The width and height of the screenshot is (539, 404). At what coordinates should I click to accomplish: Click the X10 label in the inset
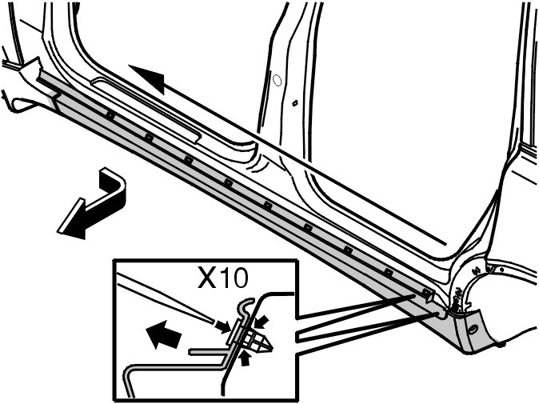222,278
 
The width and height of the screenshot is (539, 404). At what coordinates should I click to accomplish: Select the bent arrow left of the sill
92,203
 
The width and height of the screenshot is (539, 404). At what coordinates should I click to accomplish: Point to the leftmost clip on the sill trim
110,115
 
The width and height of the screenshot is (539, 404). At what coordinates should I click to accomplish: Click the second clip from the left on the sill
149,138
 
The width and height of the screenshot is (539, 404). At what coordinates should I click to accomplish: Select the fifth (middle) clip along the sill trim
268,206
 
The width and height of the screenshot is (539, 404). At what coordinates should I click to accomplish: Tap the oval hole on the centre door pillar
277,81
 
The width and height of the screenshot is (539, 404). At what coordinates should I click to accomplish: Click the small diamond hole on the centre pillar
294,102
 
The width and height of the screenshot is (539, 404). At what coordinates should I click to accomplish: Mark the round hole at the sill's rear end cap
473,329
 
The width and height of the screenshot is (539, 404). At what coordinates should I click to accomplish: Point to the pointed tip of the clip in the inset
272,349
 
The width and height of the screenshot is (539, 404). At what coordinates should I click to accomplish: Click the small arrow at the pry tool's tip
222,326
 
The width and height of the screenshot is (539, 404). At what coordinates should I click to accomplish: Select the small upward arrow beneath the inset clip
245,358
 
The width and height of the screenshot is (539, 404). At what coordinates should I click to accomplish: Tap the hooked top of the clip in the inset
246,303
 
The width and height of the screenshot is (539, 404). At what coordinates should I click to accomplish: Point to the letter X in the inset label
206,278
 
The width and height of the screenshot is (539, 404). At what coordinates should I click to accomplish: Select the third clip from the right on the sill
348,250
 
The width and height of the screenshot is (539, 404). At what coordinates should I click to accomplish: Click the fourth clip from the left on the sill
228,182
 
